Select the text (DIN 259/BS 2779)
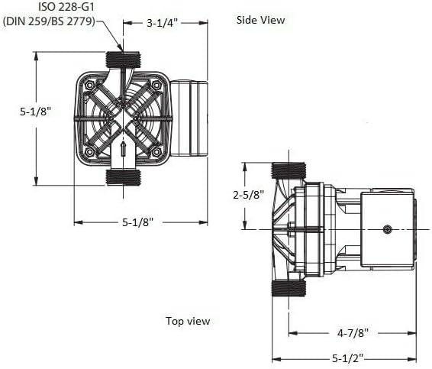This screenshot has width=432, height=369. coord(50,21)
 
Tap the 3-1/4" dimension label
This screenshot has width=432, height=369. coord(162,23)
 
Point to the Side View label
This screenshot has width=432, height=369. coord(260,20)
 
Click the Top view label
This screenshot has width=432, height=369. coord(188,321)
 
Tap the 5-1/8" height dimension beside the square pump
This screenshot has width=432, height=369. coord(36,111)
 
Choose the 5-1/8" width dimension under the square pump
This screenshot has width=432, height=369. coord(137,222)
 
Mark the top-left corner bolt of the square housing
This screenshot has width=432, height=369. coord(89,86)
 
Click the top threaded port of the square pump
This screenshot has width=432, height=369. coord(123,60)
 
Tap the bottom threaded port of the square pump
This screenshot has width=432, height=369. coord(123,176)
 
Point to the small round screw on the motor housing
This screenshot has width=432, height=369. coord(388,229)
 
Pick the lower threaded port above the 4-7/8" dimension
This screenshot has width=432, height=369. coord(289,288)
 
